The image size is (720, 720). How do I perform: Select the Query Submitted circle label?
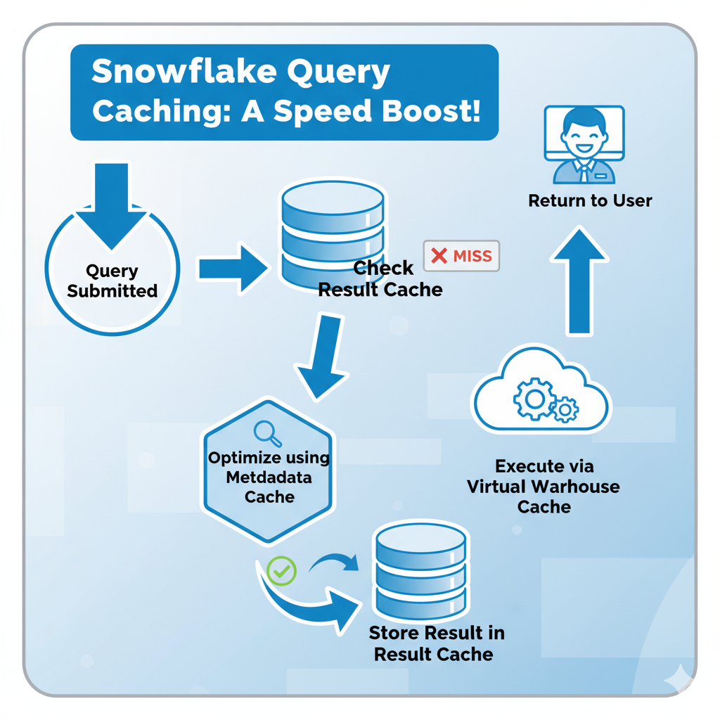[x=112, y=281]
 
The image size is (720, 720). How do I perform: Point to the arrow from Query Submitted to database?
[x=232, y=268]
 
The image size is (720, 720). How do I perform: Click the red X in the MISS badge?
[x=439, y=256]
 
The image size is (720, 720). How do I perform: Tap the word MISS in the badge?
[x=472, y=257]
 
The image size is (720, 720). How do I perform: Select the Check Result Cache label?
[x=380, y=278]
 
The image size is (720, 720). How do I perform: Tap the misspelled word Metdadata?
[x=269, y=477]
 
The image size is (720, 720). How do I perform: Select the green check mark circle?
[x=281, y=571]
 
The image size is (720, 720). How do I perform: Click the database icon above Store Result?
[x=420, y=570]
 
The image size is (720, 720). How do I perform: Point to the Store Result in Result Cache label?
[x=435, y=643]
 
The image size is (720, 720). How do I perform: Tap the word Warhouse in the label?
[x=584, y=487]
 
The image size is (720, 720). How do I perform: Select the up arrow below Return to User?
[x=579, y=281]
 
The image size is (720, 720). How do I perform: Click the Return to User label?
[x=590, y=201]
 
